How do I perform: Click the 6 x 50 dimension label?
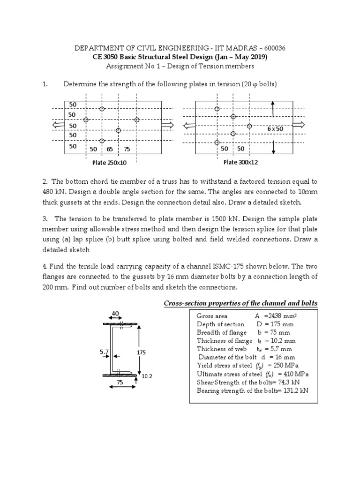276,128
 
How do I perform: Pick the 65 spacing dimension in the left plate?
110,149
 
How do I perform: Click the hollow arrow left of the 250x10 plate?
59,125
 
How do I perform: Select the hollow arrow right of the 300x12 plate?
298,125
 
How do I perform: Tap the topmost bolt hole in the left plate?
102,109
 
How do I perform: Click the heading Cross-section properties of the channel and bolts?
240,303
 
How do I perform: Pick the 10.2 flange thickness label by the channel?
147,376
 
